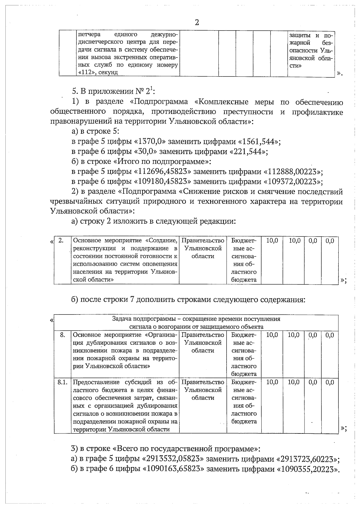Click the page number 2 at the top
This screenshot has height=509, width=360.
[x=197, y=22]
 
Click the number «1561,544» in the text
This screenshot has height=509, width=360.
[x=259, y=141]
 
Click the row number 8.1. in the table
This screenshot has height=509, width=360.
[x=62, y=382]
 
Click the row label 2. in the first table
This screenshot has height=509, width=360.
[x=61, y=240]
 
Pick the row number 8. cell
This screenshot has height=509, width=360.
[x=62, y=335]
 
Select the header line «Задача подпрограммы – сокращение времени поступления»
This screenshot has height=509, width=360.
[x=196, y=319]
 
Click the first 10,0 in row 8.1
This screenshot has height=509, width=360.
[x=272, y=382]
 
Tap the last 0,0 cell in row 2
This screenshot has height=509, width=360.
[x=330, y=240]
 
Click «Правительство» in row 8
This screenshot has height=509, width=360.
[x=203, y=335]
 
